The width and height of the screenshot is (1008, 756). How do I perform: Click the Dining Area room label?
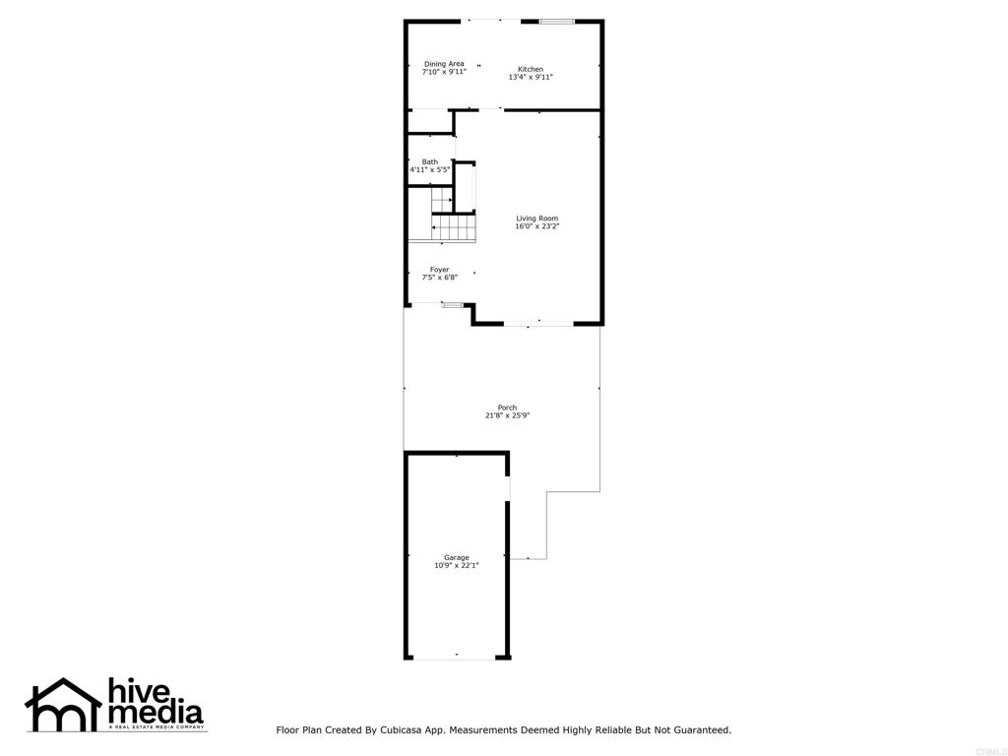click(x=444, y=64)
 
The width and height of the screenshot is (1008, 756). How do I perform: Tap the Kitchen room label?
click(x=531, y=69)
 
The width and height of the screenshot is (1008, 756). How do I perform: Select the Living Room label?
click(x=536, y=219)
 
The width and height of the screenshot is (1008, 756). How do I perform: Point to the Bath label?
click(x=430, y=162)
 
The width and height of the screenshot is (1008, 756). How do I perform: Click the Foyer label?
click(x=440, y=270)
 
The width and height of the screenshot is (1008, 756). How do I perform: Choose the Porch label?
click(x=507, y=408)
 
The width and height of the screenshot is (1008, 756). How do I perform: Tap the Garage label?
click(x=457, y=557)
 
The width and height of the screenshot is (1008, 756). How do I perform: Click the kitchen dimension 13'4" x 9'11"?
click(x=531, y=77)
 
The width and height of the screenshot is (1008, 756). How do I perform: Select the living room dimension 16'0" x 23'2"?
click(x=536, y=226)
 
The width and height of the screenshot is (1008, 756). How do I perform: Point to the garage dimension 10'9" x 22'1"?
click(x=457, y=566)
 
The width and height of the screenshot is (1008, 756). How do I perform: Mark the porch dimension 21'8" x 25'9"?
click(x=507, y=415)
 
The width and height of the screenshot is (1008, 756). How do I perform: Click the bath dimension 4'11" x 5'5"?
click(x=429, y=169)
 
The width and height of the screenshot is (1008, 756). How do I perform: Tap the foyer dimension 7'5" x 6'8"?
click(x=440, y=278)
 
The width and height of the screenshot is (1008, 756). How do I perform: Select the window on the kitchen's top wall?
click(x=556, y=22)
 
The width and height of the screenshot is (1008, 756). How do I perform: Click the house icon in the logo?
click(x=63, y=704)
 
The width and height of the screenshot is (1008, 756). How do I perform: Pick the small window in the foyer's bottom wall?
click(x=452, y=305)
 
